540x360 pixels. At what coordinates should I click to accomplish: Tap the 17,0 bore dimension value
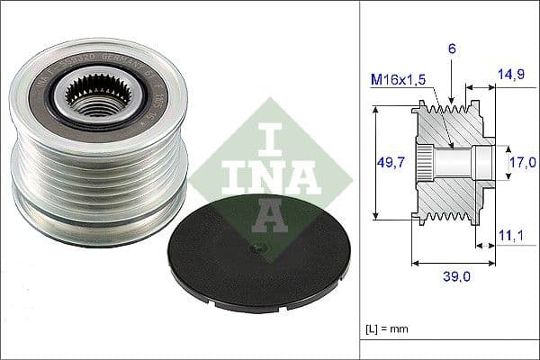[521, 163]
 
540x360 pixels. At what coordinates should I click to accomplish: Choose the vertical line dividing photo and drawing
[360, 180]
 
